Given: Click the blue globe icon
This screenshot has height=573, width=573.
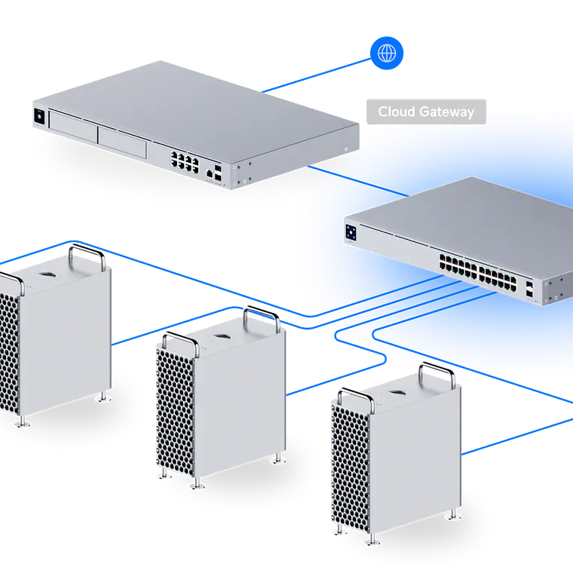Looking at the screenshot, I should pos(387,54).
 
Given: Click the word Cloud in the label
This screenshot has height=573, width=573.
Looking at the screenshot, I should pos(396,112).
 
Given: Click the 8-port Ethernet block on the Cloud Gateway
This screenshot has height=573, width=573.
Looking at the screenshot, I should pos(184,160).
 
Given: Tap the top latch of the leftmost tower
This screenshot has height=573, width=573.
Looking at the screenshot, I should pos(47,268).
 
